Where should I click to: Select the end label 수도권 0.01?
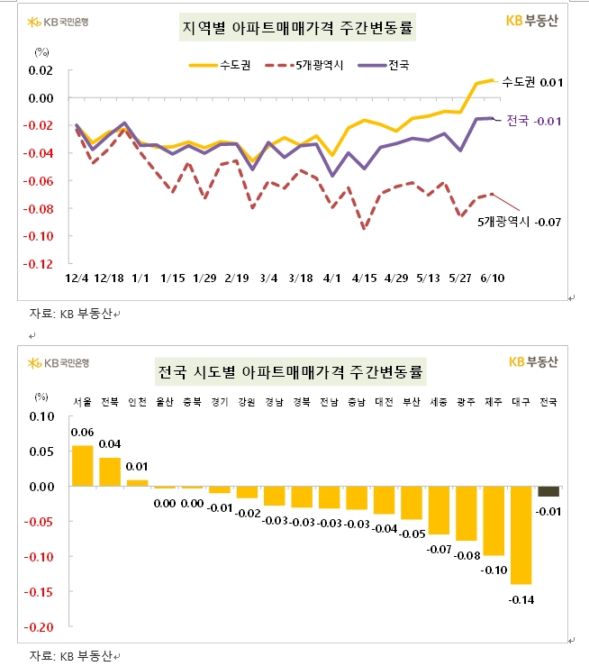[532, 82]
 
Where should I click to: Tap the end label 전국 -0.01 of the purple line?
[535, 120]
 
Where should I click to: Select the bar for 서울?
[82, 466]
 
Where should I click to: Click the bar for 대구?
[521, 535]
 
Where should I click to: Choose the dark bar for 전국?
[548, 491]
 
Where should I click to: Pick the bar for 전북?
[110, 472]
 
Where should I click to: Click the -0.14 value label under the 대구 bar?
[521, 598]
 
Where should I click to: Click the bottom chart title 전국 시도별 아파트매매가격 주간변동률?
[294, 370]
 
